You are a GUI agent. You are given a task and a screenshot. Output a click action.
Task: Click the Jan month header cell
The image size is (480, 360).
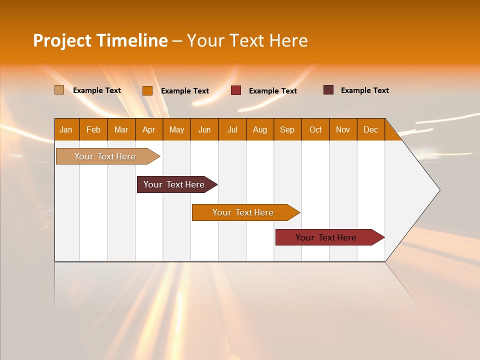tap(66, 129)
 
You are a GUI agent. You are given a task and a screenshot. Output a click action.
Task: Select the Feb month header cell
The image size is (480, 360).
tap(93, 129)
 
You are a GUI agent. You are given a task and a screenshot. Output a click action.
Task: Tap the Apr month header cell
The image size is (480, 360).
tap(149, 129)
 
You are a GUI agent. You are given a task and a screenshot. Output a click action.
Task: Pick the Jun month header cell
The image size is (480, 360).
tap(204, 129)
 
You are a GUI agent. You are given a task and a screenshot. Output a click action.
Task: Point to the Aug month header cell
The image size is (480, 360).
tap(260, 129)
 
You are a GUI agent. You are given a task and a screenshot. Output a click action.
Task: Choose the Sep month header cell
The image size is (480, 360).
tap(287, 129)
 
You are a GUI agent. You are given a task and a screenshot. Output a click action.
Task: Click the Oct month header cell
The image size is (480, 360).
tap(315, 129)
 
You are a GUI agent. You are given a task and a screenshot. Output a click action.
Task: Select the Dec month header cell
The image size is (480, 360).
tap(371, 129)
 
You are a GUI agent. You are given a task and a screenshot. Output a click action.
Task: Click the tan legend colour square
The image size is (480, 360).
tap(59, 90)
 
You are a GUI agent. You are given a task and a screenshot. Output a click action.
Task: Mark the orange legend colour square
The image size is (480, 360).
tap(147, 90)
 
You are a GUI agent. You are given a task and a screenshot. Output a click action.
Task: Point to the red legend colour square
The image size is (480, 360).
tap(236, 90)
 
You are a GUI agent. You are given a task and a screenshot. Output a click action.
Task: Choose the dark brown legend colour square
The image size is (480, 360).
tap(328, 90)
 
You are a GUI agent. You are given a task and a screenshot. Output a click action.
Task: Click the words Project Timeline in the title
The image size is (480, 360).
tap(100, 40)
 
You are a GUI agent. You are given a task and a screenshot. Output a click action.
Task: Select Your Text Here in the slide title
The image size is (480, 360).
tap(247, 40)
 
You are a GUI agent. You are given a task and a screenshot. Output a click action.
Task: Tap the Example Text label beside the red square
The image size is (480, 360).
tap(273, 91)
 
